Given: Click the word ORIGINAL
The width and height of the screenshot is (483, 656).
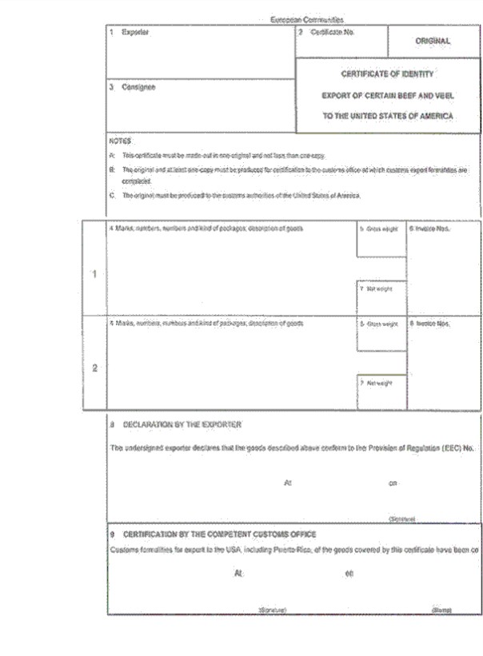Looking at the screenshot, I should [433, 41].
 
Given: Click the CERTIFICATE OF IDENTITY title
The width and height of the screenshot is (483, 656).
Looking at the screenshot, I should [388, 74].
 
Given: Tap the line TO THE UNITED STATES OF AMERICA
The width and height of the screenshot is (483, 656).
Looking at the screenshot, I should [388, 116].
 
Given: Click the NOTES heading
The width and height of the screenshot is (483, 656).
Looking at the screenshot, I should [120, 140].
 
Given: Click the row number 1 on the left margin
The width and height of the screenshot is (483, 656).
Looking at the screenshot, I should [94, 274].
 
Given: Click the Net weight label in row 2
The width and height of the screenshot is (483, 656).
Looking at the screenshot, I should [381, 383].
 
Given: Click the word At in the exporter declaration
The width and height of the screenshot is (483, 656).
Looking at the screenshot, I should [288, 483].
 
